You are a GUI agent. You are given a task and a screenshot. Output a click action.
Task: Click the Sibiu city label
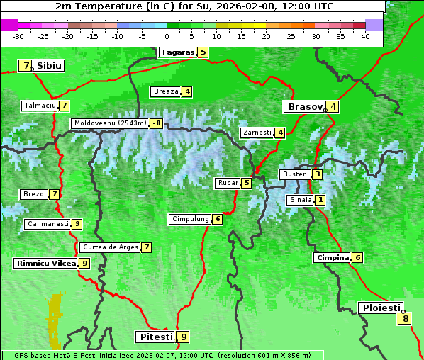49,65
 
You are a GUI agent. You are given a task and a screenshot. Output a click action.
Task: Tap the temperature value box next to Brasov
333,107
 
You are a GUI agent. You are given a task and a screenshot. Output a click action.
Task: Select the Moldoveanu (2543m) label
110,123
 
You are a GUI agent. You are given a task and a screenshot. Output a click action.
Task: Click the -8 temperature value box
155,123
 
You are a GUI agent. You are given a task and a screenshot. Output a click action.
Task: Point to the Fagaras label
177,52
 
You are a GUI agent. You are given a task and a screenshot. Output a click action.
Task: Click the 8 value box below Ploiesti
406,319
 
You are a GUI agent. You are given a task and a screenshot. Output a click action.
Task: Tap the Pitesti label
155,337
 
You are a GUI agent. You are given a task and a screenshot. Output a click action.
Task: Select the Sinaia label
300,200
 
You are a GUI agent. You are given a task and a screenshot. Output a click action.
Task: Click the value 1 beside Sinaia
320,200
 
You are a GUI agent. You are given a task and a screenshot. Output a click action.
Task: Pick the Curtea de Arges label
109,247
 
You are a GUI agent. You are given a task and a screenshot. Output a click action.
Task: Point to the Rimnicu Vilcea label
45,263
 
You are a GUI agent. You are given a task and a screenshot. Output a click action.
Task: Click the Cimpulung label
190,219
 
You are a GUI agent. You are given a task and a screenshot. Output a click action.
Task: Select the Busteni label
295,174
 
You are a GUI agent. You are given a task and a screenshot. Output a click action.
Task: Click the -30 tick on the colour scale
18,35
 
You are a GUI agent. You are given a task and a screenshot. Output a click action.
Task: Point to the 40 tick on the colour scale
365,35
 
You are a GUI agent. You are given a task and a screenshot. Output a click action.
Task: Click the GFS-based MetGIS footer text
162,355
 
